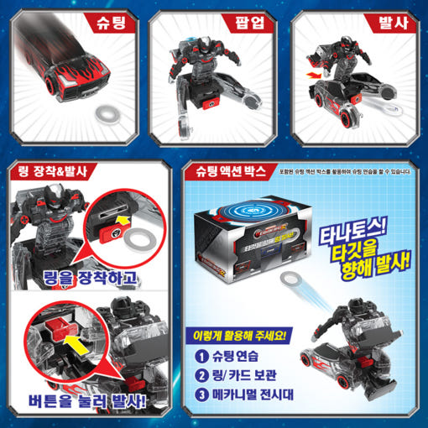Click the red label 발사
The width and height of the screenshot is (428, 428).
[x=395, y=20]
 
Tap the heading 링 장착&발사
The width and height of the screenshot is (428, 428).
[x=58, y=174]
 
